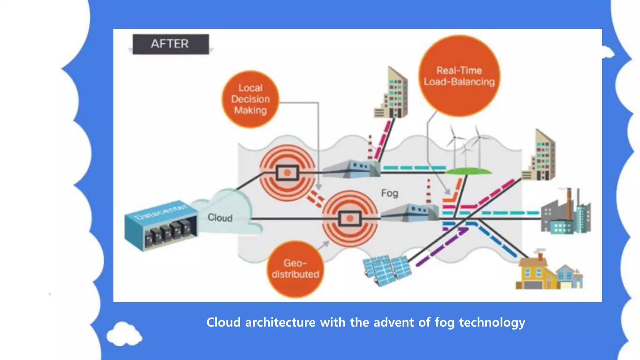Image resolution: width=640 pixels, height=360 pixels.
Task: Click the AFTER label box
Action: (x=170, y=44)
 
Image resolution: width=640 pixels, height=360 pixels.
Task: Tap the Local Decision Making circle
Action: (x=250, y=99)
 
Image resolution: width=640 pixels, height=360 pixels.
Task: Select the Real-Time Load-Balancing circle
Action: (x=459, y=76)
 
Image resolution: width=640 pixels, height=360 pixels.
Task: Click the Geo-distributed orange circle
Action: (x=295, y=269)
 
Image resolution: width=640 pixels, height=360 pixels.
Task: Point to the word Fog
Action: (x=389, y=193)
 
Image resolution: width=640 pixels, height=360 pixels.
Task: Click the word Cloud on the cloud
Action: (x=220, y=217)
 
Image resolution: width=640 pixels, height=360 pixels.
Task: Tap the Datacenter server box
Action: (x=161, y=225)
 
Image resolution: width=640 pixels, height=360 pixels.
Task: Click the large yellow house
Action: (x=536, y=273)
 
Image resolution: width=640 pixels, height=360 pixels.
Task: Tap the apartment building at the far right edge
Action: (x=540, y=156)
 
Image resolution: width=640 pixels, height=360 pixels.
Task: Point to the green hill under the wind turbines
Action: (x=468, y=171)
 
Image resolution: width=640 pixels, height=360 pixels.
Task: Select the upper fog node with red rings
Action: (x=287, y=172)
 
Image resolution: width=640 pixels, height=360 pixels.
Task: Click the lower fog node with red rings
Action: (x=350, y=218)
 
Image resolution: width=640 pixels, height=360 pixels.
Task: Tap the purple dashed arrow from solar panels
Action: (x=442, y=247)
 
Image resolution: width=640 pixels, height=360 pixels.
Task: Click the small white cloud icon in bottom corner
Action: (x=124, y=334)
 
